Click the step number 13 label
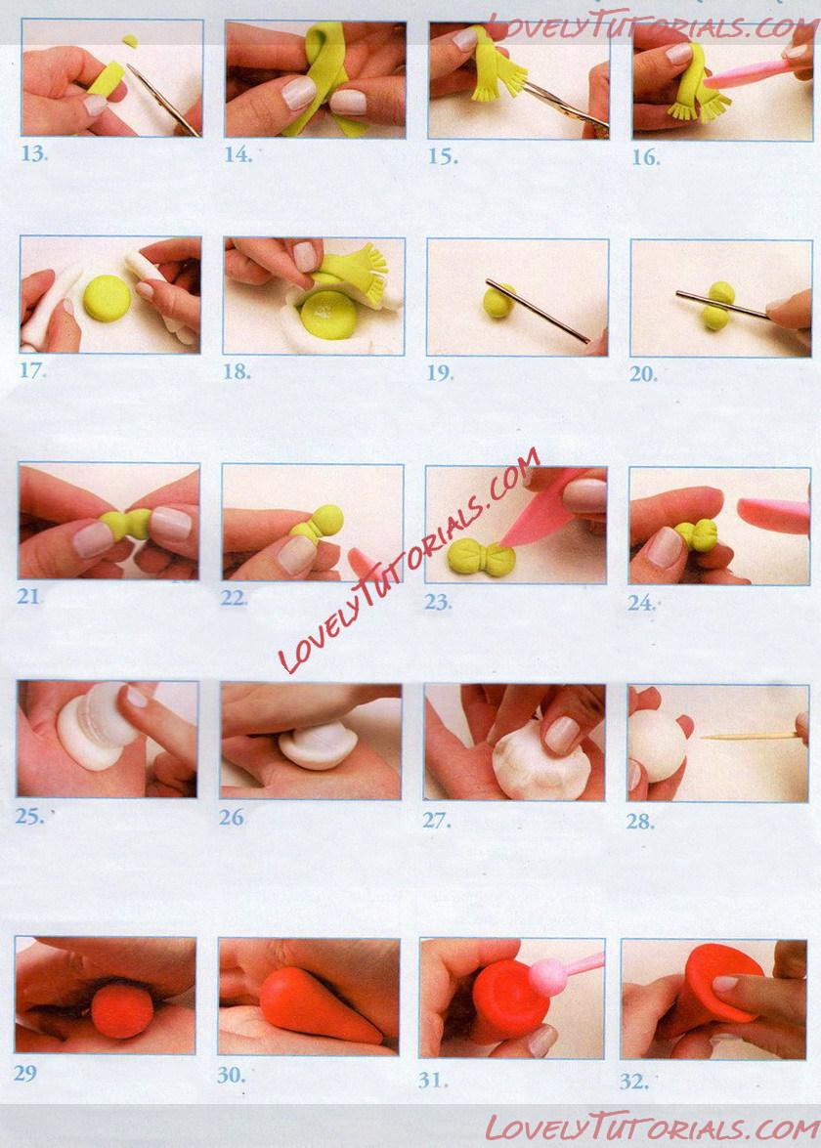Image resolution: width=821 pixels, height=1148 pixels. pyautogui.click(x=34, y=153)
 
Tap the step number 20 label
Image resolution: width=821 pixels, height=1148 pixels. pyautogui.click(x=643, y=374)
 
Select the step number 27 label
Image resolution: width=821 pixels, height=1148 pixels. pyautogui.click(x=437, y=821)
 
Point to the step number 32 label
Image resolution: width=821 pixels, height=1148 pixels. pyautogui.click(x=633, y=1082)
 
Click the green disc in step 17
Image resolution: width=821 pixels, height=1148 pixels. pyautogui.click(x=107, y=299)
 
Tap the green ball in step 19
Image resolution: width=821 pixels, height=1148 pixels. pyautogui.click(x=498, y=301)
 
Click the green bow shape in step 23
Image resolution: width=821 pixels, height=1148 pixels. pyautogui.click(x=483, y=558)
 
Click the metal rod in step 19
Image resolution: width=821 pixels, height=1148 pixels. pyautogui.click(x=538, y=311)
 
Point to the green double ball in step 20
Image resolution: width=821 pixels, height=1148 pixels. pyautogui.click(x=717, y=305)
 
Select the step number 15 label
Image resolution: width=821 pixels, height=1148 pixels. pyautogui.click(x=443, y=156)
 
